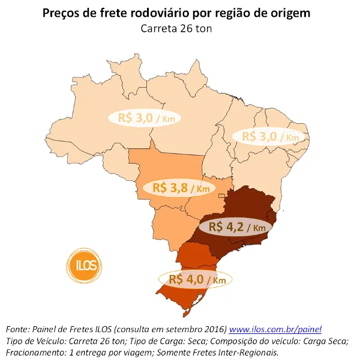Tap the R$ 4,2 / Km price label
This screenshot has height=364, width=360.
click(x=236, y=227)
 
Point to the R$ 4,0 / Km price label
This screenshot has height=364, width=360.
click(x=196, y=279)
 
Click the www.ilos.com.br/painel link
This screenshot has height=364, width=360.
click(x=276, y=329)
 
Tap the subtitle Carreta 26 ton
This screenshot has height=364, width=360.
click(x=181, y=28)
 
